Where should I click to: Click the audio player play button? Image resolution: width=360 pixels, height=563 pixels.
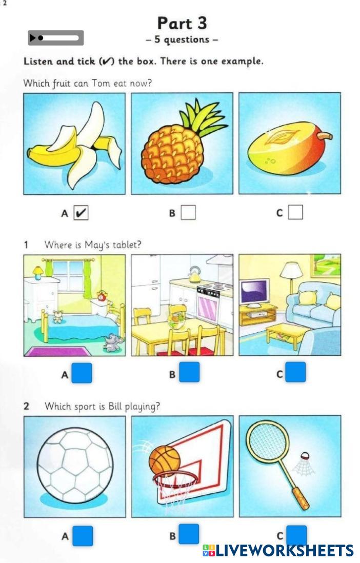point(32,38)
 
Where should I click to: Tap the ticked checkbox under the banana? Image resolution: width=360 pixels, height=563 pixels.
point(81,213)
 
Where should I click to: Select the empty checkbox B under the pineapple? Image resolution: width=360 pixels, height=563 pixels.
point(188,212)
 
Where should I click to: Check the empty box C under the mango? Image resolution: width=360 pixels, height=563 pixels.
point(295,212)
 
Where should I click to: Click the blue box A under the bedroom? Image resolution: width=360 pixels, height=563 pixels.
point(82,373)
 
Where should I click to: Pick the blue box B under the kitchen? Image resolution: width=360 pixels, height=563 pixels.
point(189,372)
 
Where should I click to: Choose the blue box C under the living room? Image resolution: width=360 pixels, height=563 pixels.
point(296,372)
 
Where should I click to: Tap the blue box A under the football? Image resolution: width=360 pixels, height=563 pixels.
point(83,536)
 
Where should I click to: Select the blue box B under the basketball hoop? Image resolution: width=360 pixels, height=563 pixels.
point(189,534)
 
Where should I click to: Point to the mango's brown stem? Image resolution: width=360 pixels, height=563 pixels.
point(325,136)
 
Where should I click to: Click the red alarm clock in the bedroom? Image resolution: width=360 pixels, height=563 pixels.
point(102,295)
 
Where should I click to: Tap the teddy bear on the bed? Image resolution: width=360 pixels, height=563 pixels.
point(57,316)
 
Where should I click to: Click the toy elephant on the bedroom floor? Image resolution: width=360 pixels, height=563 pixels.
point(113,343)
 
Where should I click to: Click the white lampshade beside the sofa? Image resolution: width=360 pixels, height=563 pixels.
point(291,270)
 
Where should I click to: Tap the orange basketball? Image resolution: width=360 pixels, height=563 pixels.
point(165,460)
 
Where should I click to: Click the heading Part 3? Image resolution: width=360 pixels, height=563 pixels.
point(182,23)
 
